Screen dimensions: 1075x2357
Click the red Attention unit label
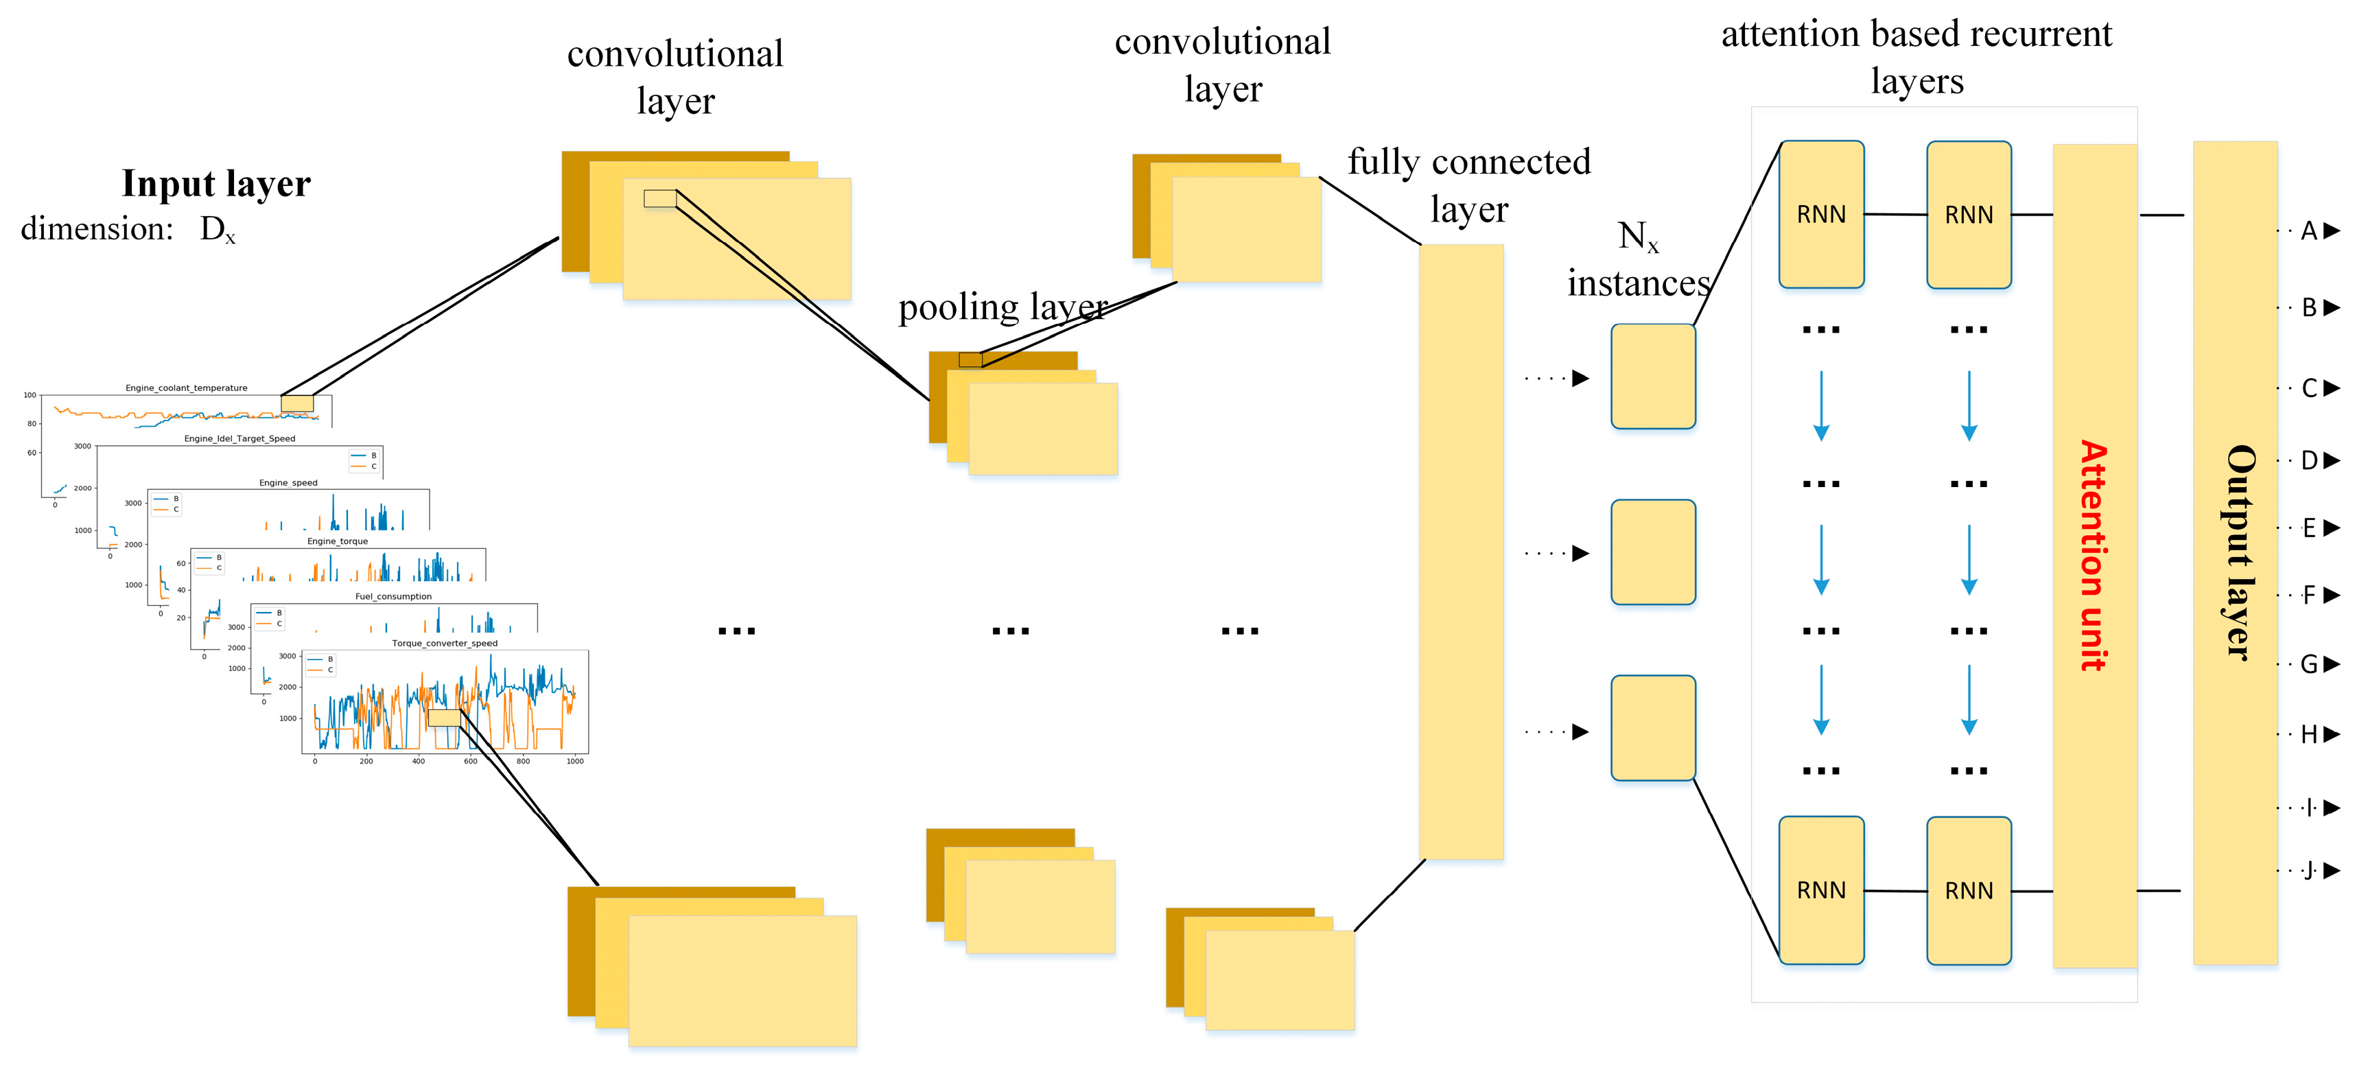click(x=2094, y=556)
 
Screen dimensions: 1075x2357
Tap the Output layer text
click(x=2238, y=553)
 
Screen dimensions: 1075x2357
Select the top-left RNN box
click(x=1821, y=214)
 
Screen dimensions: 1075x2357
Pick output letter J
click(x=2310, y=870)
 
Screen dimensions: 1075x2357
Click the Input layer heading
click(x=216, y=184)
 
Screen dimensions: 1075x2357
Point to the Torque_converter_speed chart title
click(x=445, y=643)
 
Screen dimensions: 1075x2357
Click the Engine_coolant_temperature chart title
click(x=187, y=388)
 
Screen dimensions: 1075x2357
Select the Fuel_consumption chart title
click(x=393, y=597)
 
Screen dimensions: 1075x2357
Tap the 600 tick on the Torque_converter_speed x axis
click(x=470, y=761)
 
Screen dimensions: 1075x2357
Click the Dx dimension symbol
click(x=218, y=230)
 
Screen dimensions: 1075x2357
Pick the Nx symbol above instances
click(x=1638, y=237)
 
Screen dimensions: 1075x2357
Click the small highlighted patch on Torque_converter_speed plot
click(x=445, y=718)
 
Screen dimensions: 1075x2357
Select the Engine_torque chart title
click(x=338, y=542)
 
